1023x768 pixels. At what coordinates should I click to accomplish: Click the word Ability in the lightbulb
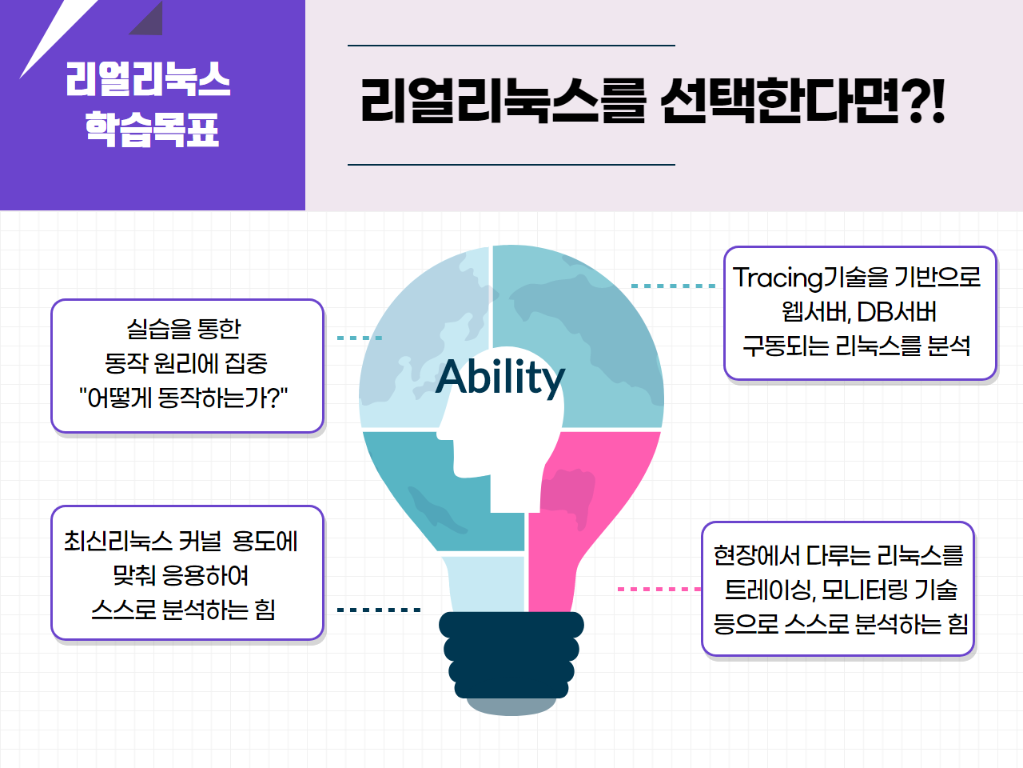pos(500,377)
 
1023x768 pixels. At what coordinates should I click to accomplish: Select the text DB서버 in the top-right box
pos(896,312)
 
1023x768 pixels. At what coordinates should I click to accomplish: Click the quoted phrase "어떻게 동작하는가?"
pos(183,398)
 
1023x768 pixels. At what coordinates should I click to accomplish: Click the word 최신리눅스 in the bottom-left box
pos(118,542)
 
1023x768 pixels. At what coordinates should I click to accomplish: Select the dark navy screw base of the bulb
pos(511,655)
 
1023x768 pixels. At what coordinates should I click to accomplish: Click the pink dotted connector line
pos(659,589)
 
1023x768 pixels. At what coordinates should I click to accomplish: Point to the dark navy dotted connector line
pos(379,610)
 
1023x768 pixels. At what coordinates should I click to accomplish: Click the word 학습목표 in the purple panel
pos(152,129)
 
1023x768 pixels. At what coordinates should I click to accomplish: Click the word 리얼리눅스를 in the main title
pos(504,101)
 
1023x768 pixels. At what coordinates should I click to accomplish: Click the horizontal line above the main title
pos(511,46)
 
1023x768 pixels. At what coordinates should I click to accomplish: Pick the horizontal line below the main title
pos(511,165)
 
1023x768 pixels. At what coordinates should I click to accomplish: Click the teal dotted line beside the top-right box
pos(673,286)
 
